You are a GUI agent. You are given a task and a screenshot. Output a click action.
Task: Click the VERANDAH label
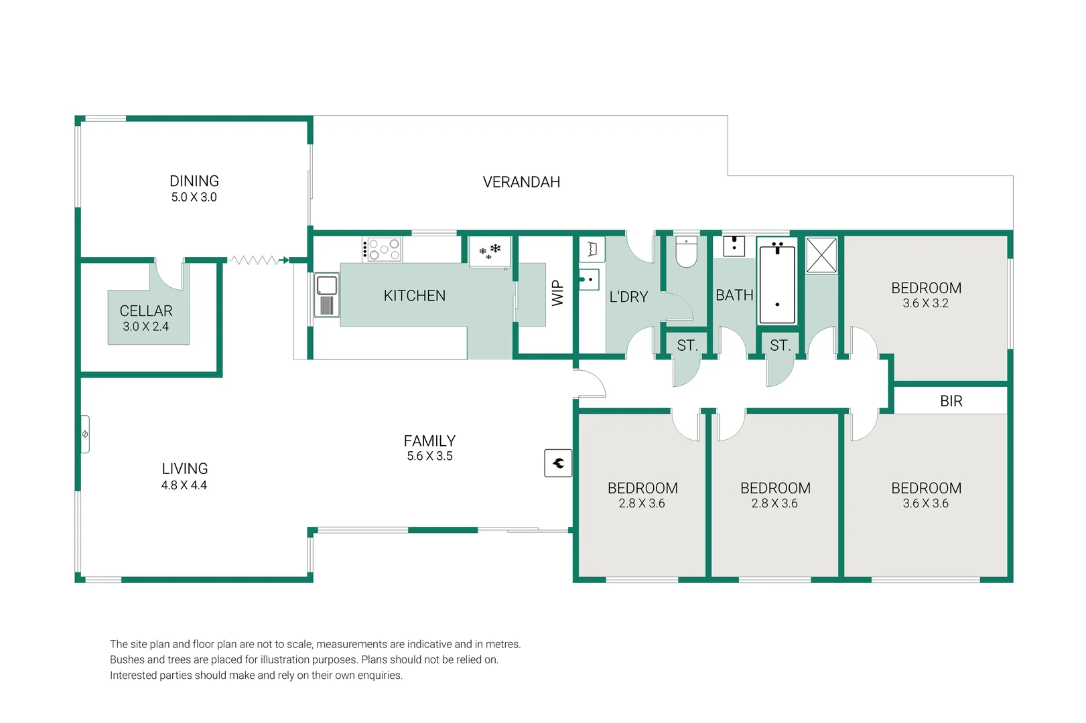point(521,182)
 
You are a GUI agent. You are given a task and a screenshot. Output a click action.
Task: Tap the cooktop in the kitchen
point(382,250)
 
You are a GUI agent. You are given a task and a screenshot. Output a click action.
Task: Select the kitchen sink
point(326,295)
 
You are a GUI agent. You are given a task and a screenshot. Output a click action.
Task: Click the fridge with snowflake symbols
point(490,252)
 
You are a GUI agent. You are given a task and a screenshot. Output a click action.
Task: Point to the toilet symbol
point(686,252)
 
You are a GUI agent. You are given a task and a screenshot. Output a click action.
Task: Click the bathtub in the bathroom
point(776,284)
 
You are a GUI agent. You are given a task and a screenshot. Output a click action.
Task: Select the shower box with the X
point(821,255)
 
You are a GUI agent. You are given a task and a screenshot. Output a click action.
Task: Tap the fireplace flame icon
point(558,463)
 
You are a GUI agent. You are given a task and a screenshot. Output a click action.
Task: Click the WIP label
point(558,293)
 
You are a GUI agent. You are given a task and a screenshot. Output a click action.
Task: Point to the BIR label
point(951,401)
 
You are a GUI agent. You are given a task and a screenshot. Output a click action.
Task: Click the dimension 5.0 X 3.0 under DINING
point(194,197)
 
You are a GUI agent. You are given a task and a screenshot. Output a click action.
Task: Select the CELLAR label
point(146,311)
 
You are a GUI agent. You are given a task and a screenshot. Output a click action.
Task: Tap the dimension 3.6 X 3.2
point(925,303)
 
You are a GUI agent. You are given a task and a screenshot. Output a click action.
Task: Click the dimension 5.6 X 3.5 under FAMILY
point(429,456)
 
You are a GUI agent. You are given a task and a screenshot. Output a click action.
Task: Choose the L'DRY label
point(628,297)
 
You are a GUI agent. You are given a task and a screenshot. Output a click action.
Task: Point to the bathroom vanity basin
point(734,246)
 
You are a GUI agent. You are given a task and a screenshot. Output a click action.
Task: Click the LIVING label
point(185,469)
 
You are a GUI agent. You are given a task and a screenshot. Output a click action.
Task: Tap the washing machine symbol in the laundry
point(592,249)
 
